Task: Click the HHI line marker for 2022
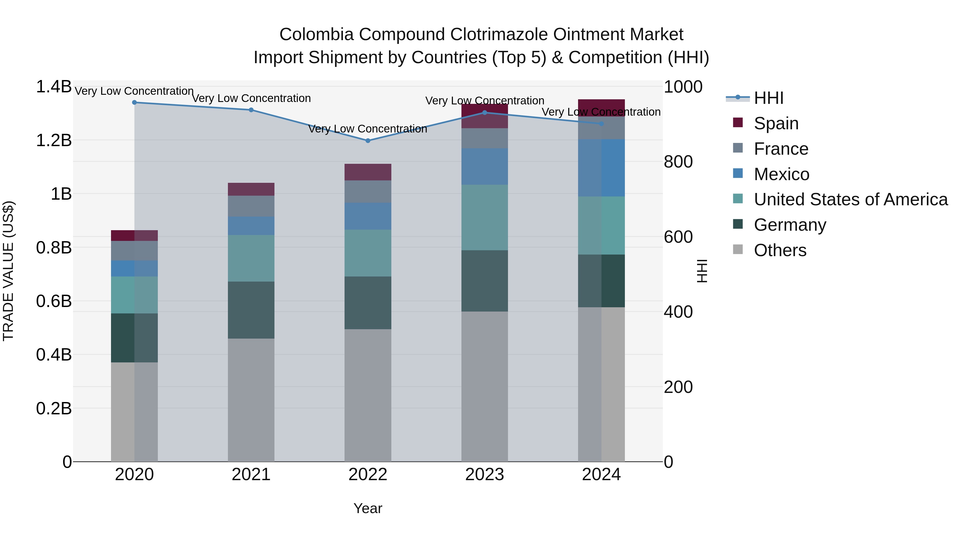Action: [x=368, y=141]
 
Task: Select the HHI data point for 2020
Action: [x=135, y=103]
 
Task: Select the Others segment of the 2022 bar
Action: [x=368, y=395]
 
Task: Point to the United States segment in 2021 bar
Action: [x=251, y=258]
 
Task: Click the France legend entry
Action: [x=781, y=149]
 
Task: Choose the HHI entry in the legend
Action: [x=768, y=98]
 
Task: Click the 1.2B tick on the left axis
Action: [x=53, y=141]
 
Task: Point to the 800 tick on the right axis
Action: [x=678, y=162]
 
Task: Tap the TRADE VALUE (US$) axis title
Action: [x=8, y=271]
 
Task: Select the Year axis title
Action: [x=368, y=508]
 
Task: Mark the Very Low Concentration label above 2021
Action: [x=251, y=98]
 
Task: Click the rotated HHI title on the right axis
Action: [x=702, y=271]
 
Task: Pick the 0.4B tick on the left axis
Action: [x=53, y=355]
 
